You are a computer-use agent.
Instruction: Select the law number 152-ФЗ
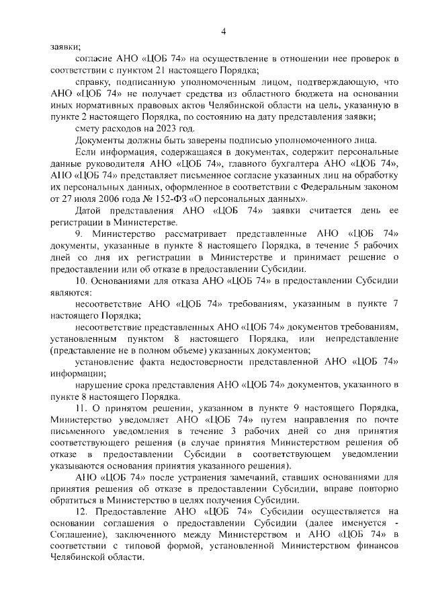click(181, 199)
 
